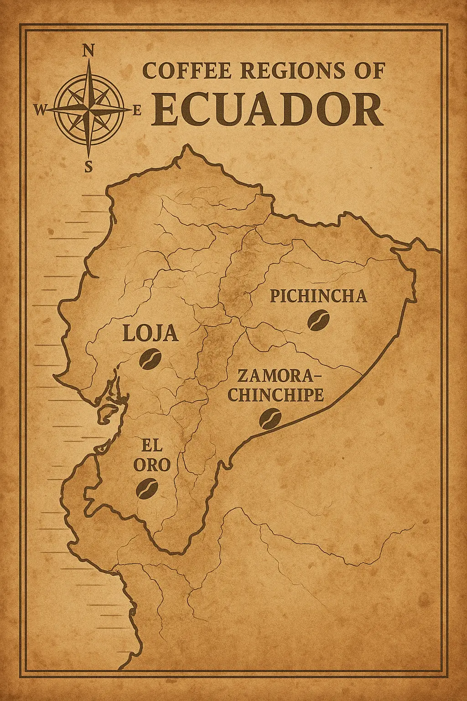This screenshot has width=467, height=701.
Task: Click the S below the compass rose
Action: coord(88,167)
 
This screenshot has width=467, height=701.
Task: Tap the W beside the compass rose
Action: coord(40,110)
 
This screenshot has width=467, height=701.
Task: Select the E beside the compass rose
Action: coord(137,110)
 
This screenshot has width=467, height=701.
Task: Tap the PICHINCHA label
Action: coord(318,296)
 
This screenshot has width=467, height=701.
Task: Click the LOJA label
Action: coord(150,334)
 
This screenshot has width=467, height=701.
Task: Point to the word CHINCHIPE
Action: coord(275,395)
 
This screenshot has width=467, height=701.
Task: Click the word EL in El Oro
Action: coord(152,445)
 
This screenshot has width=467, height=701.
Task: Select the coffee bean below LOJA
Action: coord(150,359)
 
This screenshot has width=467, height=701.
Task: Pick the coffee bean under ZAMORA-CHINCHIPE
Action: coord(270,419)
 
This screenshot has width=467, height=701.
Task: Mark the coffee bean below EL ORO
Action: coord(147,488)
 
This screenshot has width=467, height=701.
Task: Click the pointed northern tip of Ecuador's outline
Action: coord(186,146)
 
